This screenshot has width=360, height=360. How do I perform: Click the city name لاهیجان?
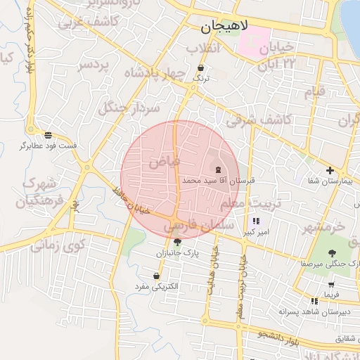tap(224, 27)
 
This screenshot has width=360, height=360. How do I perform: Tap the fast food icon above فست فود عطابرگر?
tap(48, 134)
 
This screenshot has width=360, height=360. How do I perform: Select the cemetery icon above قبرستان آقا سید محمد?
tap(217, 169)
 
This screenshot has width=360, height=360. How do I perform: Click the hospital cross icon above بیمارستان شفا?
tap(330, 170)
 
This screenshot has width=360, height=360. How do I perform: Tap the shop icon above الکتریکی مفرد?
tap(155, 276)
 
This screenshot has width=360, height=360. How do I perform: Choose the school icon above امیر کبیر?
tap(246, 221)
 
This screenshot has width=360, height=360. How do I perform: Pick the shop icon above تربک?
tap(202, 68)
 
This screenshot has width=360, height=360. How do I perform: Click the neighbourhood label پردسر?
tap(94, 65)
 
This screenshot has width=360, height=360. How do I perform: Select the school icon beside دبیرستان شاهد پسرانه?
tap(314, 301)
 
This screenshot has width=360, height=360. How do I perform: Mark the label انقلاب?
tap(204, 48)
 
